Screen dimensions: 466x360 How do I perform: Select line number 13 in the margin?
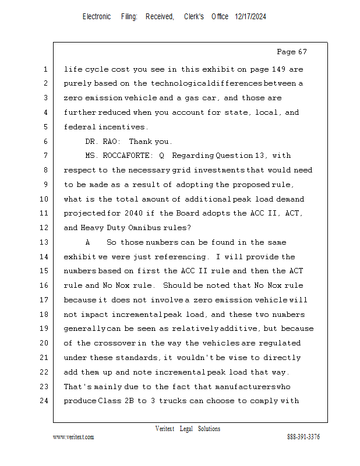point(45,242)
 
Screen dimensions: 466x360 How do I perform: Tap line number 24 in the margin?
point(45,401)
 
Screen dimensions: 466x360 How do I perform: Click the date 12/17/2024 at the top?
point(250,17)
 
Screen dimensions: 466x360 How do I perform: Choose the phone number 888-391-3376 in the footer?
point(303,437)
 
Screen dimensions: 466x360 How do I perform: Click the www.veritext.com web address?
point(73,437)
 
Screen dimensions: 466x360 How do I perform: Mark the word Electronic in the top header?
point(97,17)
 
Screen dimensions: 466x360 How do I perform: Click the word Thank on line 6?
point(140,142)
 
